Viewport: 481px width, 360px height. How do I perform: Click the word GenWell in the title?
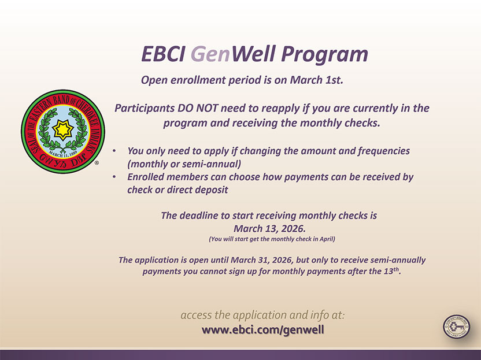click(232, 54)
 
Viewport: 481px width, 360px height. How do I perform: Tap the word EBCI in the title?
click(163, 54)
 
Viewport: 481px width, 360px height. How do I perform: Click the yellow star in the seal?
click(63, 130)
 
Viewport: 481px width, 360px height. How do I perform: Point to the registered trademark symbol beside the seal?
click(97, 163)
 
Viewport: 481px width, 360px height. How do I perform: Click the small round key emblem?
click(457, 327)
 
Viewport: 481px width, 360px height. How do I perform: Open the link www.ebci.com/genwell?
click(263, 330)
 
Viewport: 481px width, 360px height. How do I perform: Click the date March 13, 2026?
click(269, 228)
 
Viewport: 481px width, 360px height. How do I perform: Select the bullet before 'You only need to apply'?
click(114, 151)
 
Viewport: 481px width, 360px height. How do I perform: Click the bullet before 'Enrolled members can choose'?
click(114, 177)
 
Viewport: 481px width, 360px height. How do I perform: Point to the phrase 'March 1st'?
click(317, 80)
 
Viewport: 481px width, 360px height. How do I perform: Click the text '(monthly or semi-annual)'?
click(184, 164)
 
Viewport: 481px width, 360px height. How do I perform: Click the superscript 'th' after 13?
click(397, 269)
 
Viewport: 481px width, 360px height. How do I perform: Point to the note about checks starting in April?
click(272, 239)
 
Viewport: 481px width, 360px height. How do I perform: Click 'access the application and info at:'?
click(262, 315)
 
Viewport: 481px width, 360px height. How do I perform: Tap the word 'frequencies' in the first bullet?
click(383, 151)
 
